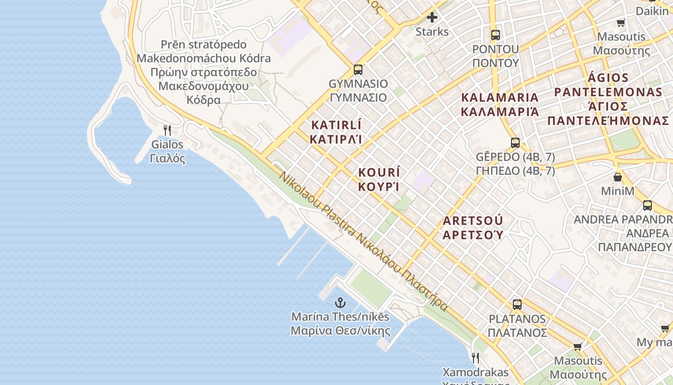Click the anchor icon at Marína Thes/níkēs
click(340, 303)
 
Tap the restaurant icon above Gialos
click(167, 130)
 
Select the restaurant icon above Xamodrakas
click(475, 358)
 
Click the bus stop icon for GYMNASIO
click(358, 69)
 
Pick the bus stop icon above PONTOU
click(495, 35)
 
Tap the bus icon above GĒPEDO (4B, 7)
click(515, 142)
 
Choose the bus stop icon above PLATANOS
click(517, 304)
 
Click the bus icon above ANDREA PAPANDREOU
click(648, 205)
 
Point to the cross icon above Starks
click(432, 18)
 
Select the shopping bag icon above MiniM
click(618, 177)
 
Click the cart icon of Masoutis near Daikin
click(621, 23)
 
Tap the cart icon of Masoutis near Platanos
click(578, 346)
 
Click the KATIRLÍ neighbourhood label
click(336, 132)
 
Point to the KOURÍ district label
click(379, 180)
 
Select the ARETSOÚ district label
click(473, 228)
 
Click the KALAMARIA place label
click(499, 104)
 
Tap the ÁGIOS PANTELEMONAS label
click(608, 99)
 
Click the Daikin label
click(652, 11)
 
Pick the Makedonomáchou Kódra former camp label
click(203, 72)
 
